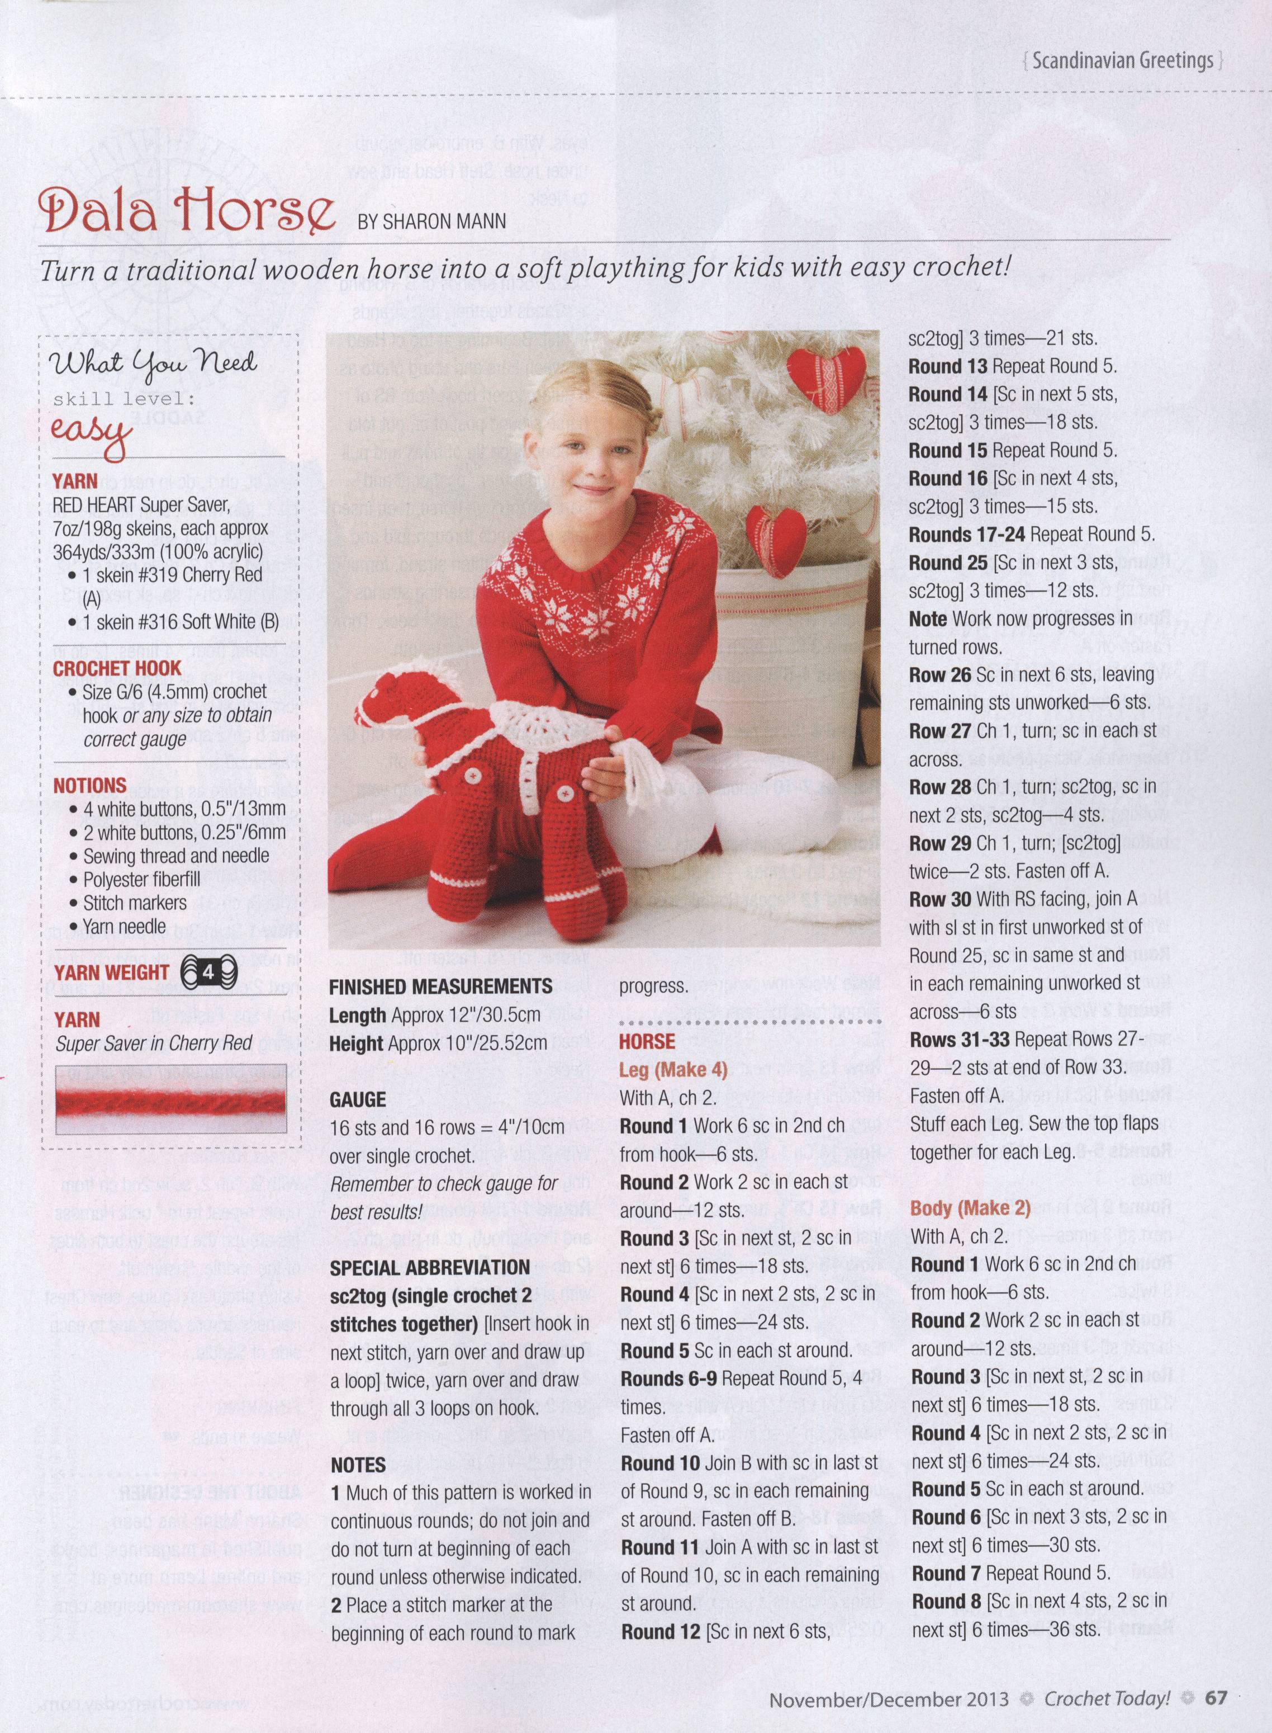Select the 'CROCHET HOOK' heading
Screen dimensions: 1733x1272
coord(117,669)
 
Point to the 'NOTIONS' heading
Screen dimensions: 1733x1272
coord(89,786)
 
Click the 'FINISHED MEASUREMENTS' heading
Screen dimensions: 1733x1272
coord(440,986)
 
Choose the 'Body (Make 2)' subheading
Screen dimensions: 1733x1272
coord(970,1207)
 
